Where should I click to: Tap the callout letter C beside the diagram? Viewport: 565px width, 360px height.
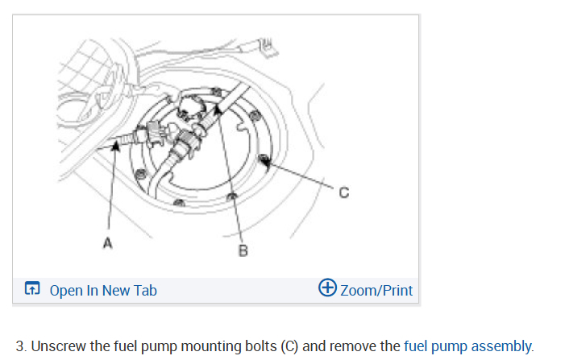[x=344, y=192]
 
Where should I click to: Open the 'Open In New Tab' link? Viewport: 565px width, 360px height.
[x=103, y=290]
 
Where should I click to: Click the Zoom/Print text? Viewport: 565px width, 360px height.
[x=376, y=290]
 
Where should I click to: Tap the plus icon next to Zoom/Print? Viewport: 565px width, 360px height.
[x=328, y=288]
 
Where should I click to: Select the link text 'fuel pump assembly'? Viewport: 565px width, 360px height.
[x=467, y=346]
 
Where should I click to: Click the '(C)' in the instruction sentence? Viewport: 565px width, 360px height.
[x=289, y=346]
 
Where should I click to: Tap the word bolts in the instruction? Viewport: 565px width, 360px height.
[x=257, y=346]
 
